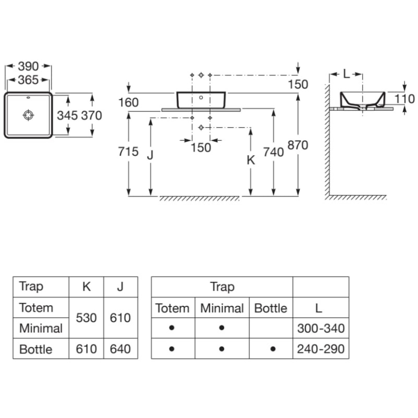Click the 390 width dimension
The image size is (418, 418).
(x=28, y=66)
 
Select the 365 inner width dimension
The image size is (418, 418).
(x=28, y=80)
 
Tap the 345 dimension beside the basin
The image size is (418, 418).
(x=67, y=115)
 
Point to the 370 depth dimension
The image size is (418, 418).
(x=91, y=115)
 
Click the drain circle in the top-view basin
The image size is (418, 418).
(x=28, y=115)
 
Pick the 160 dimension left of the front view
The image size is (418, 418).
(x=128, y=102)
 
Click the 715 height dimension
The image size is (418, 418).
(x=128, y=152)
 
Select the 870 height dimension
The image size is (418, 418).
(x=298, y=145)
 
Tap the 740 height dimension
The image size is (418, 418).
(x=273, y=152)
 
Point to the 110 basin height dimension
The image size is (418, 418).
(x=404, y=99)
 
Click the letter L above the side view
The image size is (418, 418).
(x=346, y=74)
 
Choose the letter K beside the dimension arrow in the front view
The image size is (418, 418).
(x=251, y=160)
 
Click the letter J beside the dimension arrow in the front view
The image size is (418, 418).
(x=150, y=155)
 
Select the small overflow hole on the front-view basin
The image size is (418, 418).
(x=201, y=97)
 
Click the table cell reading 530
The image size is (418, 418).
(x=86, y=318)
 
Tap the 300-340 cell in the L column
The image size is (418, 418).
(x=321, y=328)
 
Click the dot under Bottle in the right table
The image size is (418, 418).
(x=273, y=349)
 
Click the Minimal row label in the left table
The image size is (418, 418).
(x=41, y=328)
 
